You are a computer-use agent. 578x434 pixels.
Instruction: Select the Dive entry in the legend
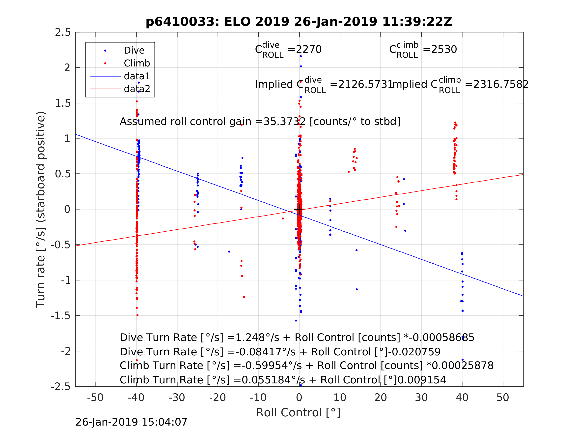(134, 51)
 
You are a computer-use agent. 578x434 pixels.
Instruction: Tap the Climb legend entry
(137, 63)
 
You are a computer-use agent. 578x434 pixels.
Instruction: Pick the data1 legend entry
(137, 76)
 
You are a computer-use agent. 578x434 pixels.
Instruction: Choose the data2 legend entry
(137, 89)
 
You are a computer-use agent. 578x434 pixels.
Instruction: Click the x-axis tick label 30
(421, 398)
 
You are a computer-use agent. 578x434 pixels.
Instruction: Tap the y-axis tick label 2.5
(63, 32)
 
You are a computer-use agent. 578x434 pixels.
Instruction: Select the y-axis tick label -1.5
(61, 316)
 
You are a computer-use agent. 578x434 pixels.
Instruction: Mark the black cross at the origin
(299, 209)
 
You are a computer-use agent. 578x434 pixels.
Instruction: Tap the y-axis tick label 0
(67, 209)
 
